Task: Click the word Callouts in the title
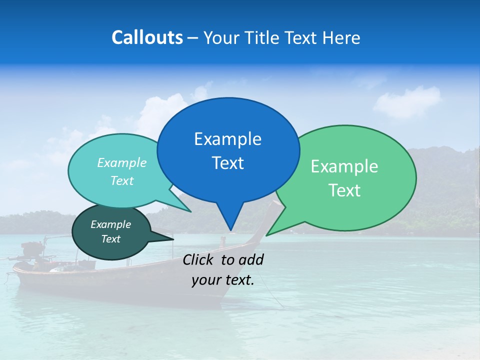(147, 37)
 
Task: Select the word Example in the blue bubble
(227, 139)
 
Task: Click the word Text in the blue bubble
(227, 163)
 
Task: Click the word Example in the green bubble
(344, 166)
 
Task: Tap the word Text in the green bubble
(344, 190)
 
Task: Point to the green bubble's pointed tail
(267, 234)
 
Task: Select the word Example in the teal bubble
(121, 163)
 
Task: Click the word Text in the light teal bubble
(121, 181)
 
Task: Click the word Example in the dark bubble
(110, 224)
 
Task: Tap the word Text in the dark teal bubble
(110, 239)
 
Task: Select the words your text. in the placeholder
(222, 280)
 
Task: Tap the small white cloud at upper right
(407, 101)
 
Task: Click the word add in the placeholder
(250, 259)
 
